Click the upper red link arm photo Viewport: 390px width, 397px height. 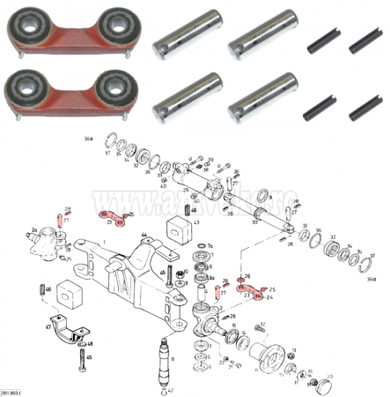click(x=65, y=34)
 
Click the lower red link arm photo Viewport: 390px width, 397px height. click(x=65, y=95)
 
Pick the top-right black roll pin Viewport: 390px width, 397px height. click(x=363, y=40)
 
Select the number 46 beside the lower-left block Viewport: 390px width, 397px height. click(x=48, y=288)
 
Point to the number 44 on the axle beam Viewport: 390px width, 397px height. click(x=143, y=235)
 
